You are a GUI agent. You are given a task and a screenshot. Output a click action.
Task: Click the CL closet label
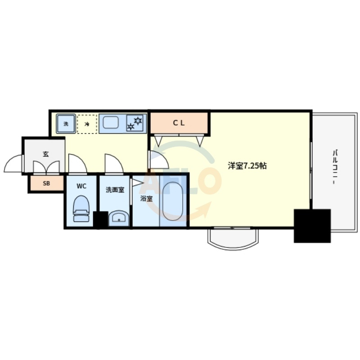[179, 123]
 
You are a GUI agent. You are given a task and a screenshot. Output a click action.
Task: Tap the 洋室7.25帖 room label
[247, 166]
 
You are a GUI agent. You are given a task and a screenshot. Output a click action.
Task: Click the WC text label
[81, 186]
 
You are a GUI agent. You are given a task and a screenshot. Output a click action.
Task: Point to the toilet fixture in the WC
[81, 208]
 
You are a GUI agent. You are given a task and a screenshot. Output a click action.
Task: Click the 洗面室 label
[115, 190]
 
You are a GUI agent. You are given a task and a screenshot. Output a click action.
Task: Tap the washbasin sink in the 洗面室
[119, 218]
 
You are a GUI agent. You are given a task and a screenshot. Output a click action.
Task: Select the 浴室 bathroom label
[146, 198]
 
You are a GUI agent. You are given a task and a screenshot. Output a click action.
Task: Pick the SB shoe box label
[46, 184]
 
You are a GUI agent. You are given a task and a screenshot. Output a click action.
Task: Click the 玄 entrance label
[46, 154]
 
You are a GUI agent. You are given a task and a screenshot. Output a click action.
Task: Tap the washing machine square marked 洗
[66, 124]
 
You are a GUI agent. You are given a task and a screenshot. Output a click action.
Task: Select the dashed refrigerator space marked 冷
[87, 124]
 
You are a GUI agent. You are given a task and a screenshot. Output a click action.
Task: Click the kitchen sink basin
[111, 122]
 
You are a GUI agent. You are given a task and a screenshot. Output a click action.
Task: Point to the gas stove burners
[135, 123]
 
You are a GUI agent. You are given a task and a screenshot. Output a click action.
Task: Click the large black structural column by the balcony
[312, 226]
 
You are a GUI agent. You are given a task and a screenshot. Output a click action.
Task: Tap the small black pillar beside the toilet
[100, 219]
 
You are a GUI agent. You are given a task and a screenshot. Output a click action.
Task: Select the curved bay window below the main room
[233, 238]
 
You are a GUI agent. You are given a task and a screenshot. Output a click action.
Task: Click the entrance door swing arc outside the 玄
[13, 164]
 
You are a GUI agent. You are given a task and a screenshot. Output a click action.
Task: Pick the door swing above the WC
[77, 163]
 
